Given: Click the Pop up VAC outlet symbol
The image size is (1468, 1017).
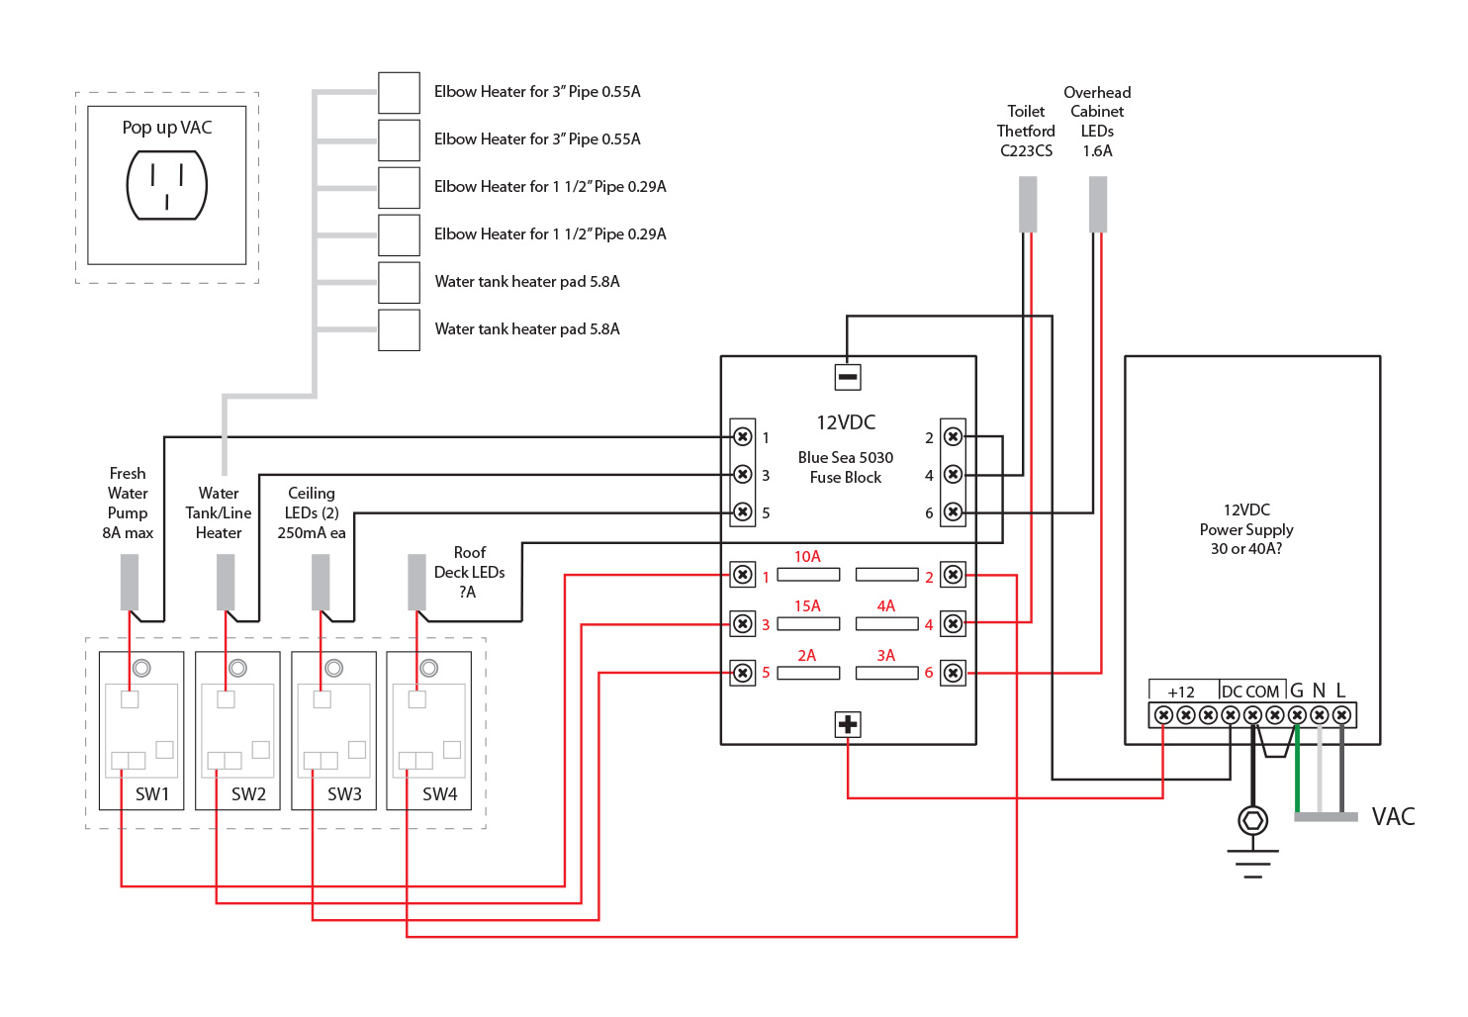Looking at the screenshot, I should pos(167,185).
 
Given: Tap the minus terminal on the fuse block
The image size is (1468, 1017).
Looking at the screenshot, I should pos(848,377).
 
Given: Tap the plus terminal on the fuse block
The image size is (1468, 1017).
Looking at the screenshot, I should pos(848,724).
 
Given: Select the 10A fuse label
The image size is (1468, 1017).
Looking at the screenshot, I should pos(807,557).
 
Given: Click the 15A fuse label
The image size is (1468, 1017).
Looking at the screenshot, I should pos(807,606).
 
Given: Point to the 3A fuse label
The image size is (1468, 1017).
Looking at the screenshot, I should pos(885,656).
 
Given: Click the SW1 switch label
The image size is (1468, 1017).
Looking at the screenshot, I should pos(152,794).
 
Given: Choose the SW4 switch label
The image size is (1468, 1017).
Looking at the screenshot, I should pos(440,794).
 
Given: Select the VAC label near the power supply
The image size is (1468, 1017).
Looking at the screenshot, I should pos(1393,817).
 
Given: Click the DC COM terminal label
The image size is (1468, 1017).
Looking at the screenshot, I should pos(1250,692).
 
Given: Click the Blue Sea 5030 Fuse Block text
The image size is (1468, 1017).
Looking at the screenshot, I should pos(846,467).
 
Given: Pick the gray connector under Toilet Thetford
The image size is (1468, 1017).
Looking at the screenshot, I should pos(1028,205).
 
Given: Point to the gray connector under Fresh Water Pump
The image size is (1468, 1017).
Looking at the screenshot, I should pos(130,582).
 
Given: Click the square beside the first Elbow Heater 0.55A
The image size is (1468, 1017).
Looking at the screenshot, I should pos(400,93).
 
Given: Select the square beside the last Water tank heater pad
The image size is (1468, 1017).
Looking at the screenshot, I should pos(400,330).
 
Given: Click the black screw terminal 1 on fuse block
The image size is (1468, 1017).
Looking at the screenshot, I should pos(742,436).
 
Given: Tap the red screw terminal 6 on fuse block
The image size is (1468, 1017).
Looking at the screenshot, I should pos(953,673).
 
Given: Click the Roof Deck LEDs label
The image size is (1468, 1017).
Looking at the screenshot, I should pos(470,572).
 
